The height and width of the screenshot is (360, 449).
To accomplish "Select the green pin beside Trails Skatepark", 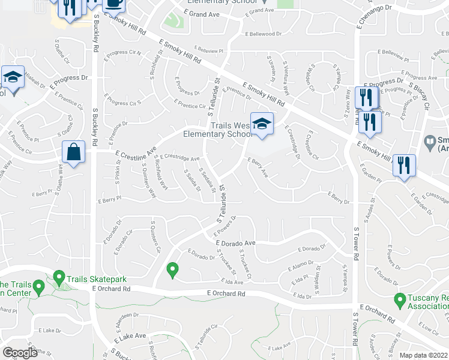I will [x=59, y=278].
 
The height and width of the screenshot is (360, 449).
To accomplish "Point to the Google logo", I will [x=20, y=353].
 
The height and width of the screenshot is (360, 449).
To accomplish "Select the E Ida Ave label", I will [x=232, y=281].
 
